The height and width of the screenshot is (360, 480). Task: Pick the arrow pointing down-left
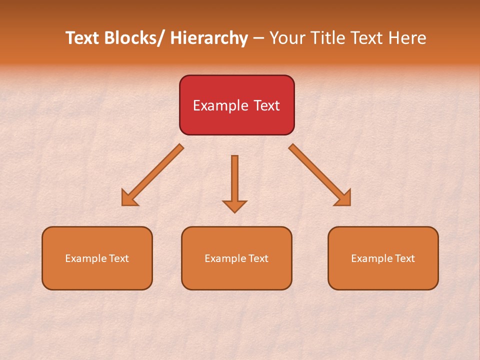click(x=152, y=175)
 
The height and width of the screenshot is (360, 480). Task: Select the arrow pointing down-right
click(x=320, y=175)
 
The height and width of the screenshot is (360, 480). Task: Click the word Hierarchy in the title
click(x=209, y=38)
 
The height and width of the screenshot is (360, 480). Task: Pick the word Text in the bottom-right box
click(x=404, y=258)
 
